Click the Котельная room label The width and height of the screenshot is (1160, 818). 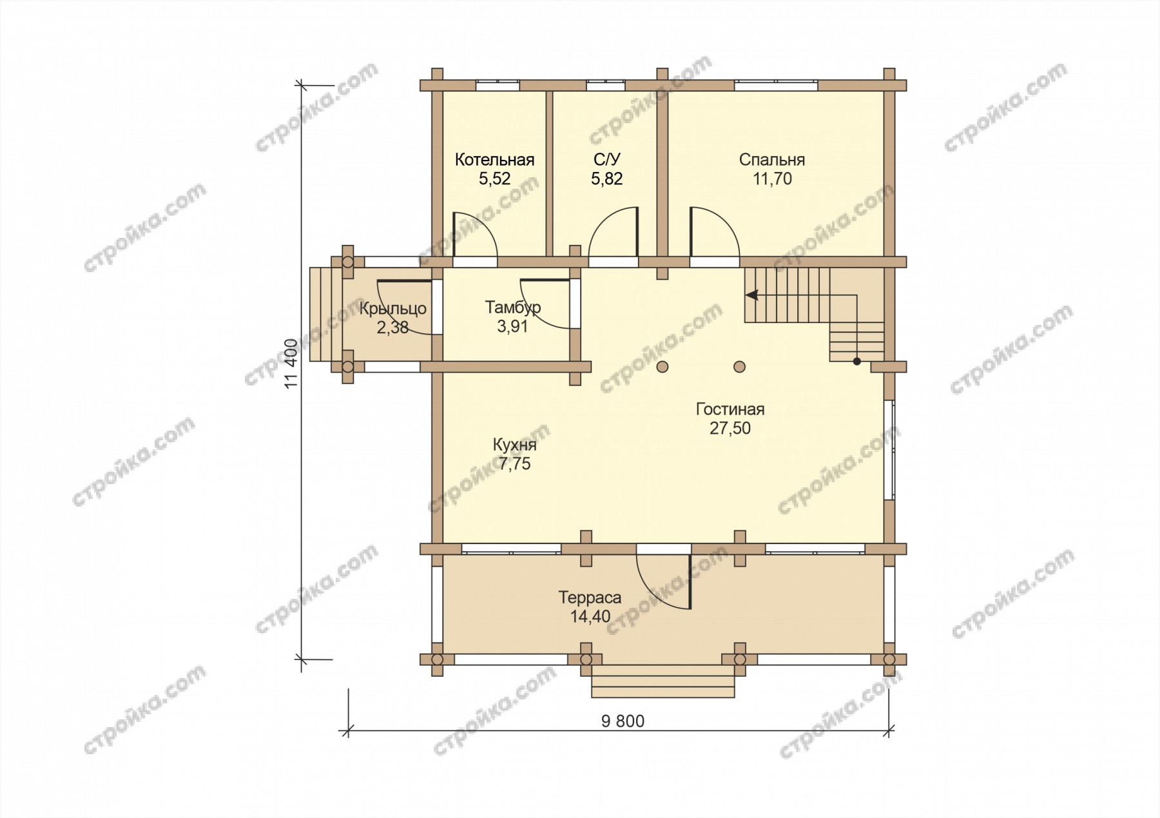click(x=494, y=160)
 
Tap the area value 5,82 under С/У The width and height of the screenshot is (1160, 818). click(x=606, y=179)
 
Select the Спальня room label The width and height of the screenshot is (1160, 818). click(x=772, y=160)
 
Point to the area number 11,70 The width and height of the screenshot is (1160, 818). click(x=773, y=179)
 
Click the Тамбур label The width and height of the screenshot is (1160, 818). click(x=513, y=307)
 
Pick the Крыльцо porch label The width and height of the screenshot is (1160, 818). click(x=393, y=309)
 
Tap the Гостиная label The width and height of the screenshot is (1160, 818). click(x=730, y=409)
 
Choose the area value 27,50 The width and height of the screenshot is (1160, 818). click(x=730, y=429)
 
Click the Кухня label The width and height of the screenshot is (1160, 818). click(x=514, y=445)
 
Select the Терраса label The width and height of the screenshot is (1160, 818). click(x=590, y=598)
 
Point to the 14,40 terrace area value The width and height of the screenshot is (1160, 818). click(x=590, y=617)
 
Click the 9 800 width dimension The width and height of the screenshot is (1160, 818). click(x=623, y=721)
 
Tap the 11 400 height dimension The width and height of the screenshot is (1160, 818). click(x=291, y=364)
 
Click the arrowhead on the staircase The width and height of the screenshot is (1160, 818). click(x=751, y=295)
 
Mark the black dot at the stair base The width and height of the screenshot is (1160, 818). click(x=856, y=362)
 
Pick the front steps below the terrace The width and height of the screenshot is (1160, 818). click(x=663, y=681)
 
